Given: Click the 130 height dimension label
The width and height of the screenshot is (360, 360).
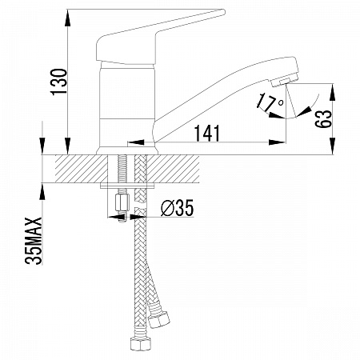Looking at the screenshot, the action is pyautogui.click(x=59, y=82).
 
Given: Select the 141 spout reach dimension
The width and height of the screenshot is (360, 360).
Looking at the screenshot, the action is pyautogui.click(x=207, y=133).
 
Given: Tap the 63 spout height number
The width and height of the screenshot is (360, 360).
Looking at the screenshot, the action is pyautogui.click(x=323, y=118).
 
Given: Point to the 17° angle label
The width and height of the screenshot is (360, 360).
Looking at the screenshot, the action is pyautogui.click(x=270, y=102).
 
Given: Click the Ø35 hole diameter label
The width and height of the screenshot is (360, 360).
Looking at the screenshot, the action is pyautogui.click(x=177, y=208).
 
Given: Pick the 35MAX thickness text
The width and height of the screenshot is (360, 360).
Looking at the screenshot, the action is pyautogui.click(x=34, y=241).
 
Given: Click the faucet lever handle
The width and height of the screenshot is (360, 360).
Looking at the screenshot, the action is pyautogui.click(x=160, y=37).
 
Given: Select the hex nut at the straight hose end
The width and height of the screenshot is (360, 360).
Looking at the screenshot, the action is pyautogui.click(x=140, y=343).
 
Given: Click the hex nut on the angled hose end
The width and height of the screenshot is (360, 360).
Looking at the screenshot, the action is pyautogui.click(x=159, y=319).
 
